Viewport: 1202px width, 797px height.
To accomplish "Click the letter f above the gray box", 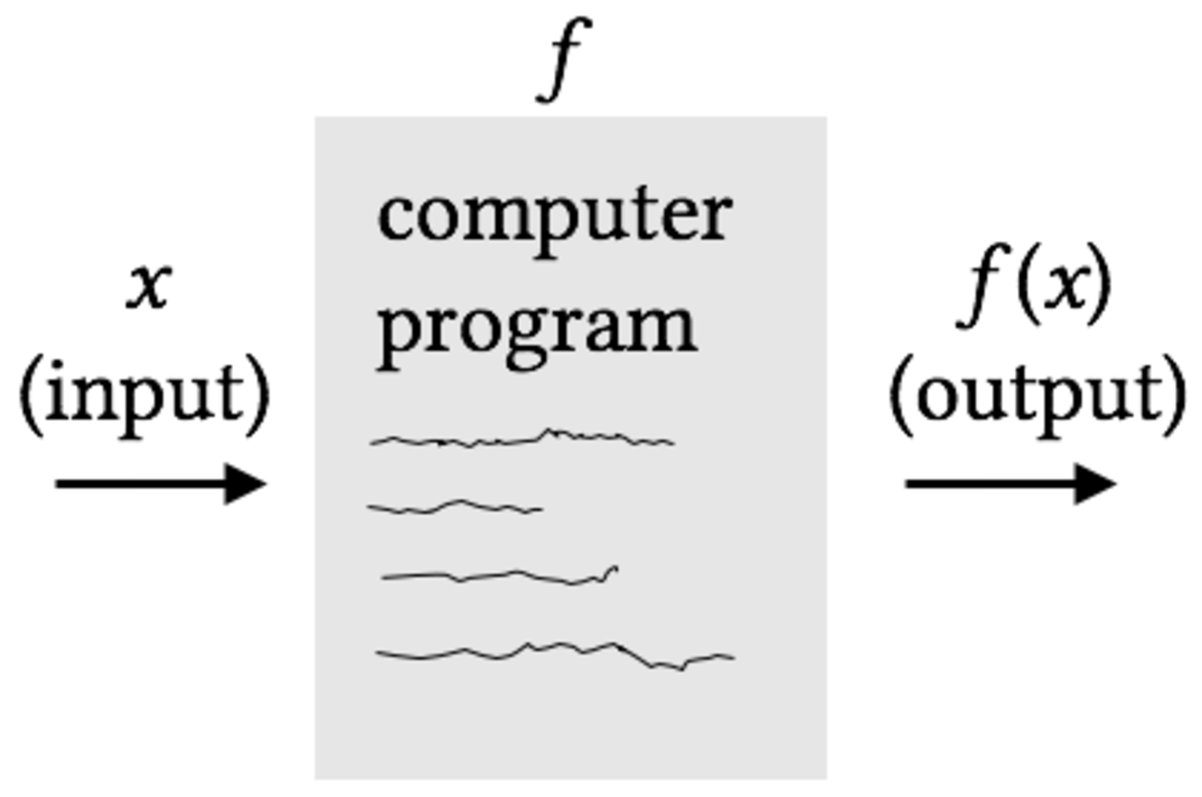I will point(564,60).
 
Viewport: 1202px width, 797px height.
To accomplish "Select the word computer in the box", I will point(554,218).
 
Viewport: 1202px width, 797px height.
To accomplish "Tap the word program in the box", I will point(537,330).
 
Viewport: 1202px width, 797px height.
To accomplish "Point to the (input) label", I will point(145,396).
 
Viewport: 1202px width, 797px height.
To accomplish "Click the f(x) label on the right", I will point(1034,284).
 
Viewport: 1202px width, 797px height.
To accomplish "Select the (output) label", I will point(1037,396).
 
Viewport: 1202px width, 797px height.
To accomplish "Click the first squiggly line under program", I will point(522,440).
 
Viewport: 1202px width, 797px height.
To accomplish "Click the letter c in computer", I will point(394,218).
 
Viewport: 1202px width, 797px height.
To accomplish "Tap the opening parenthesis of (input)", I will point(31,396).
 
